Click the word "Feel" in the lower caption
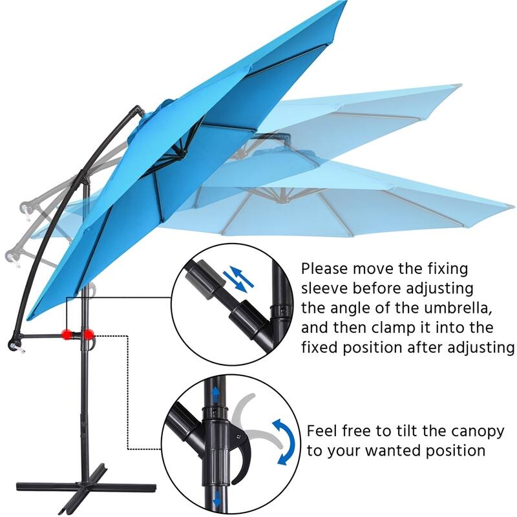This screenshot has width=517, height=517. (322, 430)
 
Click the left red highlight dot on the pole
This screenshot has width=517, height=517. (66, 333)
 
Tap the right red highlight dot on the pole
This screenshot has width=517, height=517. (87, 334)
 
